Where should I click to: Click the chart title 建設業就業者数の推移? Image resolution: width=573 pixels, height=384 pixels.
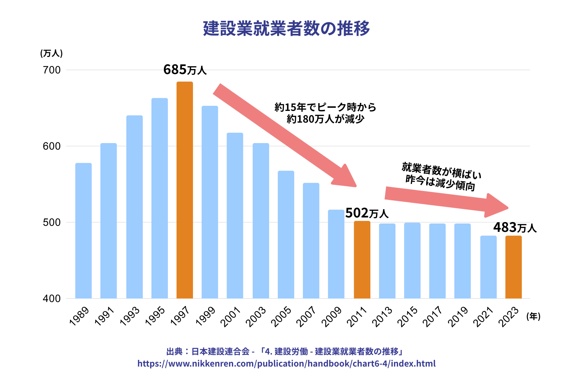coord(286,28)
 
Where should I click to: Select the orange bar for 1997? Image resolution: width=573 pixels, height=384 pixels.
coord(185,190)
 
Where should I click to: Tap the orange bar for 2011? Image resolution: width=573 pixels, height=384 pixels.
coord(362,260)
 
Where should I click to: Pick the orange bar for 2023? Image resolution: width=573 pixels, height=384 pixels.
coord(513,267)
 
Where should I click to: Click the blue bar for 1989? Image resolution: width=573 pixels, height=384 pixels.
coord(83,231)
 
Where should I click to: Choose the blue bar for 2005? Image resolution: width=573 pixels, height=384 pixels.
coord(286,235)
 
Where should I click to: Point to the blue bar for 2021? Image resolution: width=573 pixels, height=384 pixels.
coord(488,267)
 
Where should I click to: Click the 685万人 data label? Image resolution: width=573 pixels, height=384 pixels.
coord(185,70)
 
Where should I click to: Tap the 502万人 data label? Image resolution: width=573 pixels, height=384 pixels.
coord(367,213)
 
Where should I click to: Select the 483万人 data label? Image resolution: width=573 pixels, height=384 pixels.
coord(515,228)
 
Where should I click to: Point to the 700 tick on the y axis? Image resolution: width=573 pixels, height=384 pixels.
coord(52,70)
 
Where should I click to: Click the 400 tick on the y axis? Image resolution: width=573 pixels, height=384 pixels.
coord(52,299)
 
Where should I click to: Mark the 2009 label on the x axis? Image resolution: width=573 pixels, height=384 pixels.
coord(331,317)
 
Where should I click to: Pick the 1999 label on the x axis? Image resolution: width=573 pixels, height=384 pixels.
coord(205,317)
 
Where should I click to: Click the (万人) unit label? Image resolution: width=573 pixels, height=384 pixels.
coord(51,53)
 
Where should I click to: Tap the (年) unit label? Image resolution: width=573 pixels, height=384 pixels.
coord(533,316)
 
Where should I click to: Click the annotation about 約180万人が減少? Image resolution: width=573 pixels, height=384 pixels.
coord(325,113)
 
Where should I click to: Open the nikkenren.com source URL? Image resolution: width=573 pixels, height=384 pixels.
coord(286,364)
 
